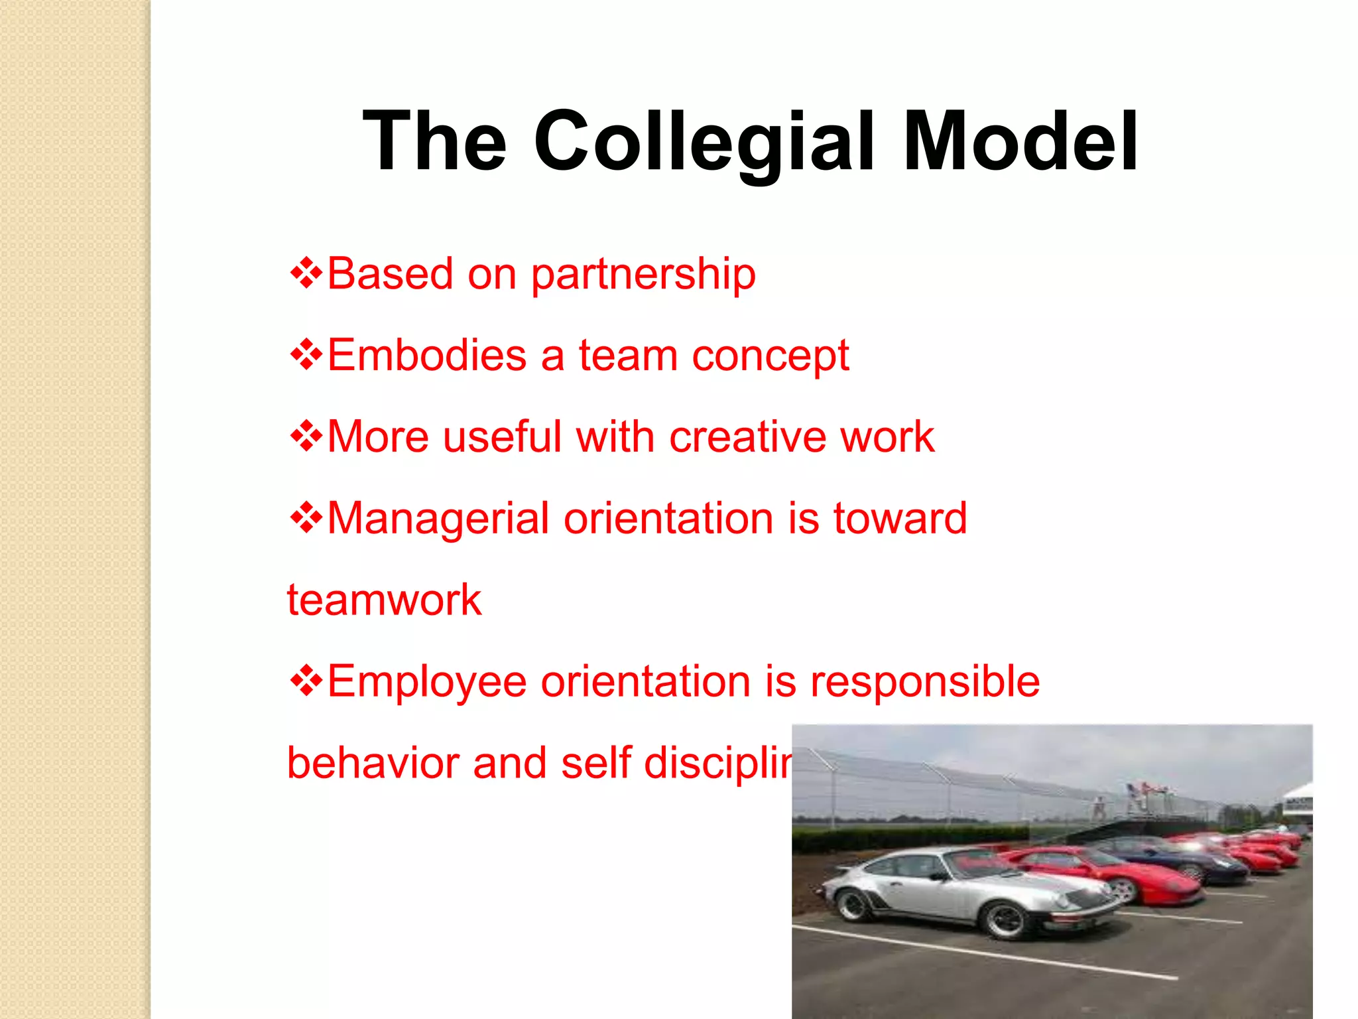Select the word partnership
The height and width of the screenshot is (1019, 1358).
tap(643, 275)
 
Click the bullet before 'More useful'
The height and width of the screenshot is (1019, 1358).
tap(306, 436)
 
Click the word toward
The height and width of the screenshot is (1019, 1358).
tap(900, 518)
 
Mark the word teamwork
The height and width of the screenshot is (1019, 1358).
tap(384, 600)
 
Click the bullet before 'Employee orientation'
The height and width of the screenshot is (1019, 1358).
tap(306, 681)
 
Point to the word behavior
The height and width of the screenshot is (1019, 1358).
tap(373, 763)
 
